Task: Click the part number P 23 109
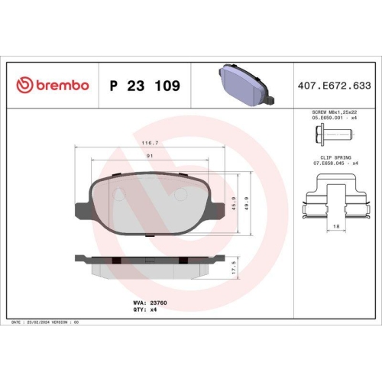pos(145,86)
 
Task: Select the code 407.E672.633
pos(334,86)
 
